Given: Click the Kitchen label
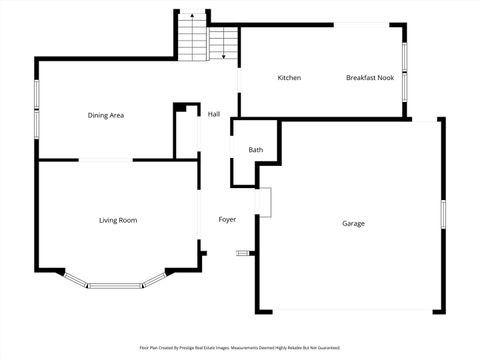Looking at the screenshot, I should (x=289, y=78).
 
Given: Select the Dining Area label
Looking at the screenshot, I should (x=105, y=115).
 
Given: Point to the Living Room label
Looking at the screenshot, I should (x=118, y=220).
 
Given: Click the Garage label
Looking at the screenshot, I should (x=353, y=223).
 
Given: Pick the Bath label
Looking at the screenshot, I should (x=256, y=150).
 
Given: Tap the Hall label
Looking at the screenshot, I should (x=214, y=114).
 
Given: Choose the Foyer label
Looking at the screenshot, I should (x=227, y=219).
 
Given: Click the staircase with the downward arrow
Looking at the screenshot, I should (x=223, y=44).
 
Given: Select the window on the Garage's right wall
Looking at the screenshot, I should (x=442, y=217).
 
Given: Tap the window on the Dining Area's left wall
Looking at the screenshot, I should (x=37, y=107).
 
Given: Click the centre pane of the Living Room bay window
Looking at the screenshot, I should (x=116, y=286).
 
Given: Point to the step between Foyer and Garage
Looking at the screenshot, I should (x=264, y=201).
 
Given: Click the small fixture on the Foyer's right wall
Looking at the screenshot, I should (x=242, y=254).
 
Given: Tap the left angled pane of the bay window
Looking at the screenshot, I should (x=74, y=278).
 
